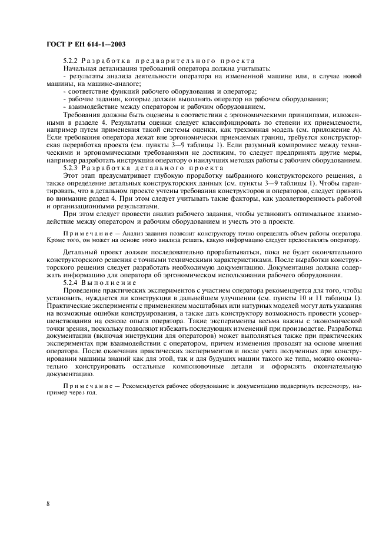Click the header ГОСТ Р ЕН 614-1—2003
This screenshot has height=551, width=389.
click(x=86, y=45)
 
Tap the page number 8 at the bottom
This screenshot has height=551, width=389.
click(x=48, y=504)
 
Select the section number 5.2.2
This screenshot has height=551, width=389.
click(x=70, y=61)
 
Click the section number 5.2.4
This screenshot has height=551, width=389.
click(x=70, y=283)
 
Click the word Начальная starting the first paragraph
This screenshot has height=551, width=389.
click(x=80, y=68)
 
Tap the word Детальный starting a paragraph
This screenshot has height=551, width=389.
click(x=82, y=252)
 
